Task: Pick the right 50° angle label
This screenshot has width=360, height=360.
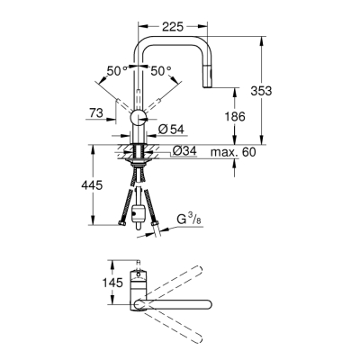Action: [x=159, y=70]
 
